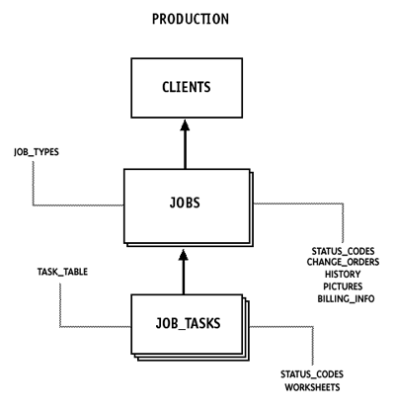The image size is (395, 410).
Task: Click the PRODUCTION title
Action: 191,19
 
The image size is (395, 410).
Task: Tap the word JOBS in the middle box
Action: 185,203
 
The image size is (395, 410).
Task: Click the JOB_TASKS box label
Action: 188,323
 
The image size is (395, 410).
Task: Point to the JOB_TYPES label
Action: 37,152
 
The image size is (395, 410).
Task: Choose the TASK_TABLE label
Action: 62,272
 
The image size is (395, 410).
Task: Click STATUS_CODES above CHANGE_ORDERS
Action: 343,251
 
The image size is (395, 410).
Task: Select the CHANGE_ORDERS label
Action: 343,262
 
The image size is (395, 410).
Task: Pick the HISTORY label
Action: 343,274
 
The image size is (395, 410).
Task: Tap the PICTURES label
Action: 343,287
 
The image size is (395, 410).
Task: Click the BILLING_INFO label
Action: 346,298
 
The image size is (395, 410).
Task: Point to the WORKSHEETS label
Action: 312,387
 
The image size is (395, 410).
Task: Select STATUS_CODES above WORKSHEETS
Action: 312,374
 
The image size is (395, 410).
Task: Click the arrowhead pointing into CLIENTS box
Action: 185,125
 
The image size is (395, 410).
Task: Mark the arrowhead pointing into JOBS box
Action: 184,255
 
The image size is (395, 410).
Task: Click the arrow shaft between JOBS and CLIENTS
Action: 185,150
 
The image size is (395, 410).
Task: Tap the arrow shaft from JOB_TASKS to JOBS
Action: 184,278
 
